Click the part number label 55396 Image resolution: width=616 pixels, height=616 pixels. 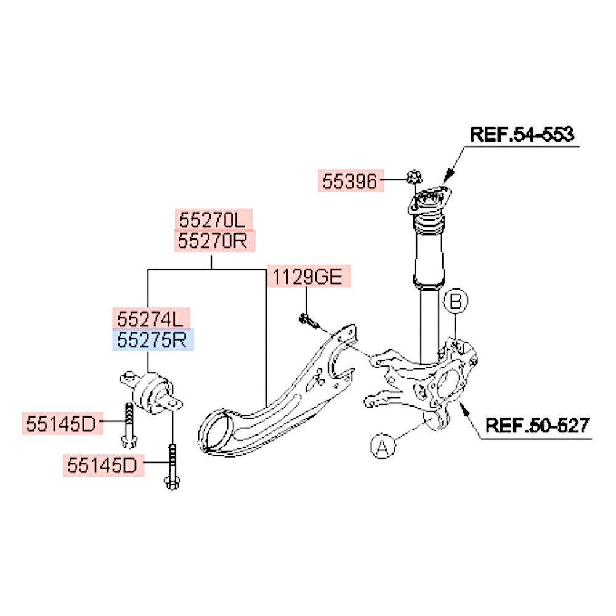click(x=350, y=181)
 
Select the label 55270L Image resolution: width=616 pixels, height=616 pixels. click(x=213, y=219)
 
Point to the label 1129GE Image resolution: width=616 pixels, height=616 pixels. click(x=308, y=277)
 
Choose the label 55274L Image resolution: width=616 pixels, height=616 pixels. click(x=151, y=318)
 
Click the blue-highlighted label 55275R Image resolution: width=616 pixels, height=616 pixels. click(x=152, y=339)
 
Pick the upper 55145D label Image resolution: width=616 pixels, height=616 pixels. click(x=61, y=424)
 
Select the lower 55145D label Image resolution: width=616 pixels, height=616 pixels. click(x=103, y=466)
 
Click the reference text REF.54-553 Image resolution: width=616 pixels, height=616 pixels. click(x=522, y=134)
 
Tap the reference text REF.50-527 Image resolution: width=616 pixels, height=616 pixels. click(x=537, y=425)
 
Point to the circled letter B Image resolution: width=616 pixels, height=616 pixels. click(x=455, y=301)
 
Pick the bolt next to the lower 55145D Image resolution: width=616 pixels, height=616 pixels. click(x=172, y=466)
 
